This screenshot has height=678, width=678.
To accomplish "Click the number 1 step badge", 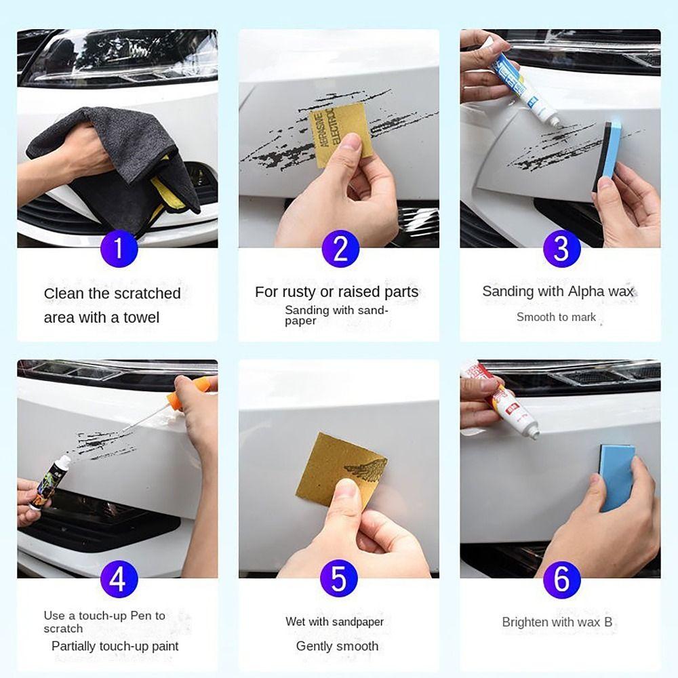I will coord(119,248).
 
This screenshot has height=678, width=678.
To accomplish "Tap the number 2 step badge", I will coord(340,248).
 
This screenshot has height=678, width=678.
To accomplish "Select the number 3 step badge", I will coord(561,248).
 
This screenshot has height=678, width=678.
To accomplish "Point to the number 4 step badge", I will coord(119,580).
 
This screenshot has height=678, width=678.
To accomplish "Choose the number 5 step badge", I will coord(340,580).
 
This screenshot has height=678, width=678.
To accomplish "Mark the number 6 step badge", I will coord(561,580).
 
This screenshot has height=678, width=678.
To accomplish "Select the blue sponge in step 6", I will coord(616,475).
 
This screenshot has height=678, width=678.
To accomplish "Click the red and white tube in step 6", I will coord(502,400).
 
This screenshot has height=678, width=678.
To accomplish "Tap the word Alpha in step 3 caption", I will coord(576,292).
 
